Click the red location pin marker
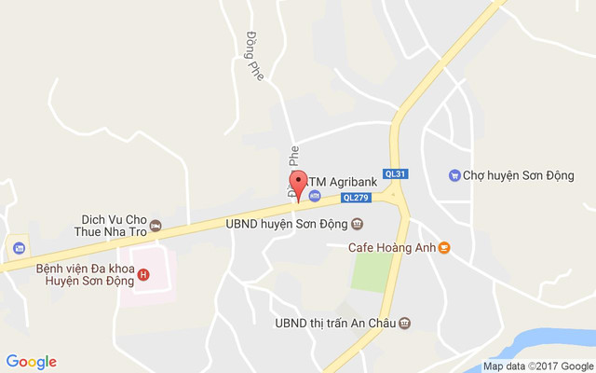(x=298, y=182)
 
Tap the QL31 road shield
(x=396, y=173)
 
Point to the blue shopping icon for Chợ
(x=454, y=174)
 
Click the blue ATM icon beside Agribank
(x=315, y=196)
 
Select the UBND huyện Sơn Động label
(x=287, y=224)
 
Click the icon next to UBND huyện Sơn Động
(x=358, y=224)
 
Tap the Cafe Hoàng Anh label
(x=391, y=248)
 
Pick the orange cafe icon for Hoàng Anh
(x=444, y=248)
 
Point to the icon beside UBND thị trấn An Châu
(x=405, y=324)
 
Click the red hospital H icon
(x=142, y=273)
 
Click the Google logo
(x=31, y=362)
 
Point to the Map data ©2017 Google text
(x=537, y=366)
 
